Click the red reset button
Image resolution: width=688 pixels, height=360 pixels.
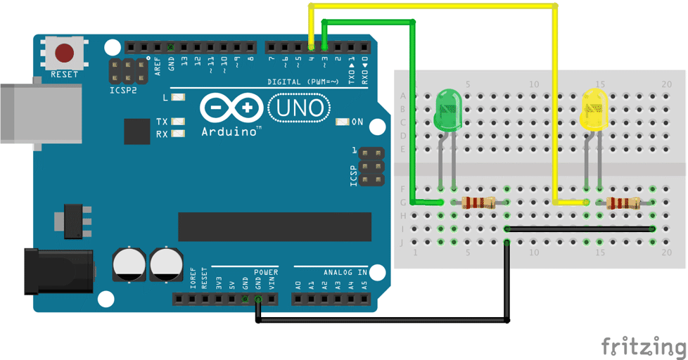(65, 53)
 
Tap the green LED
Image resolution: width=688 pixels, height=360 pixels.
(447, 110)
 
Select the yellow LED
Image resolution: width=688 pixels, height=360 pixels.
(594, 110)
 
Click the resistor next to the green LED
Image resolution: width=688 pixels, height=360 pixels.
(478, 203)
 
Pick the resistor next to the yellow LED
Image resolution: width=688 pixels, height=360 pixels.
(623, 203)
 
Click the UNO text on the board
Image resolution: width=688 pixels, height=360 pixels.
(299, 108)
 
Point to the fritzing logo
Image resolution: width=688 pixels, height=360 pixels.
(643, 346)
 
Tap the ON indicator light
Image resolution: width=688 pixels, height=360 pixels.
(343, 122)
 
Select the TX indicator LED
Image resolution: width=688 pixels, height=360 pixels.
(177, 122)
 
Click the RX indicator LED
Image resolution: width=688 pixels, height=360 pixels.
(177, 134)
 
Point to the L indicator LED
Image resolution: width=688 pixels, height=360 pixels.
(177, 98)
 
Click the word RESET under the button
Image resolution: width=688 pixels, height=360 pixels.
(64, 74)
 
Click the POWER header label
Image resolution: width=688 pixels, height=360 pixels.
(266, 272)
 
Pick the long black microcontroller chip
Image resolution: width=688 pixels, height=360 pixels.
(274, 226)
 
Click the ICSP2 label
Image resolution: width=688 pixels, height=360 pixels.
(123, 91)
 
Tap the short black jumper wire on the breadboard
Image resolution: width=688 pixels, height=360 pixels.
(580, 229)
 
